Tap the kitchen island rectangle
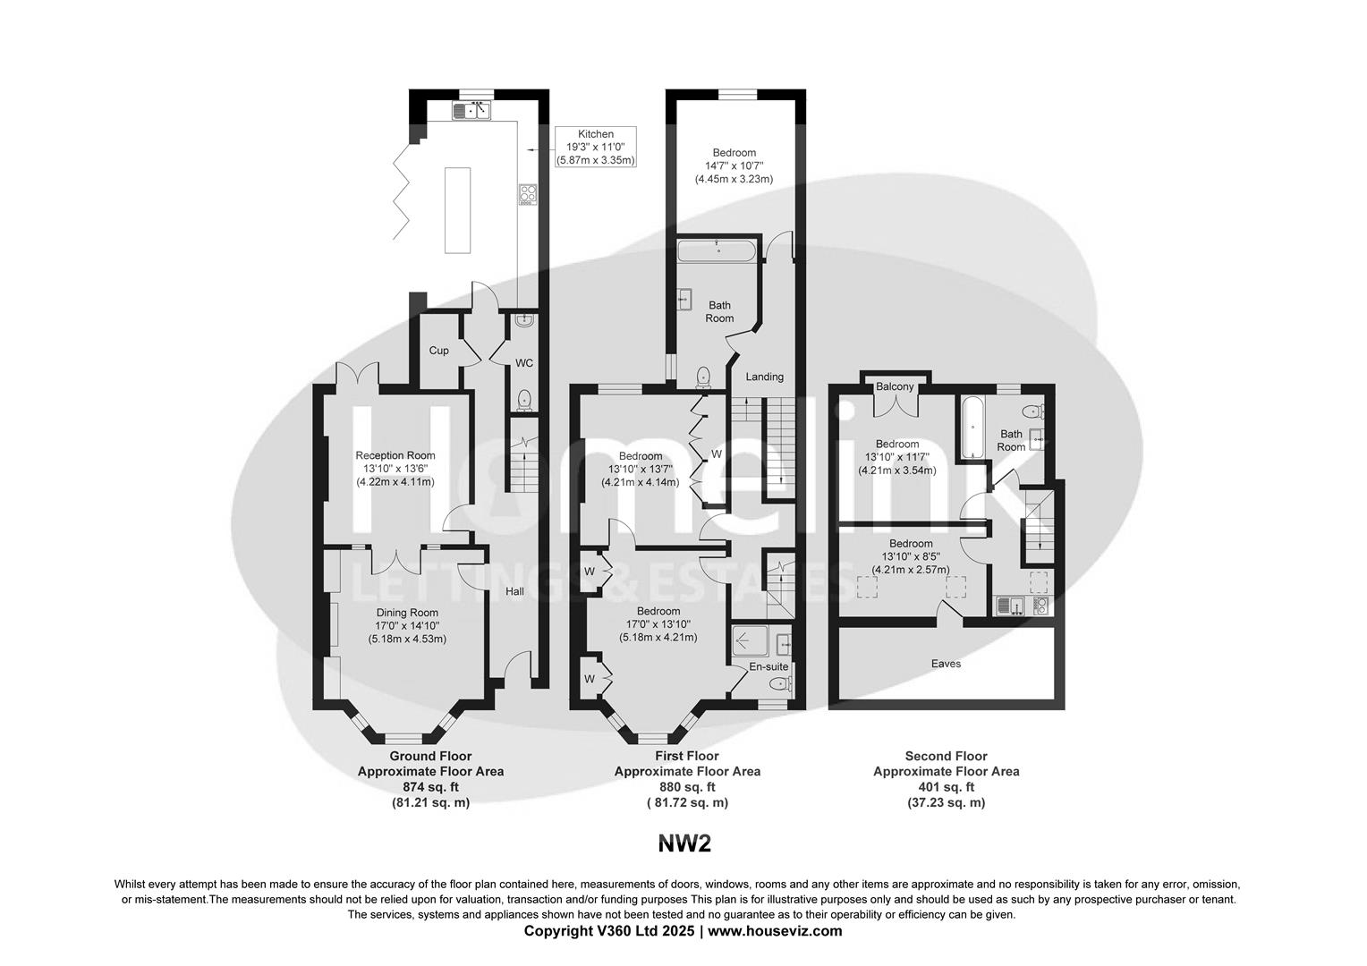[457, 210]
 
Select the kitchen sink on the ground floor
[471, 111]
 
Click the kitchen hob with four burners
[527, 195]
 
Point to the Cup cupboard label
[438, 351]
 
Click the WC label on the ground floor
[524, 363]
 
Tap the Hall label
[514, 591]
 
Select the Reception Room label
[395, 455]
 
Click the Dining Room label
[407, 613]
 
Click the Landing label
[764, 377]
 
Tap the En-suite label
[768, 666]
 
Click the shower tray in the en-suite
[750, 641]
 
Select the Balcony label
[895, 386]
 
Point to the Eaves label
[946, 664]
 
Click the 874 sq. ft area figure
[430, 787]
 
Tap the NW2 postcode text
[684, 843]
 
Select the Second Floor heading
[946, 756]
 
